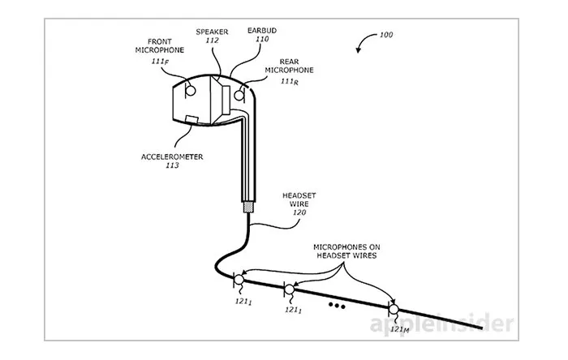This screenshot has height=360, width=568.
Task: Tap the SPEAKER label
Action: coord(213,33)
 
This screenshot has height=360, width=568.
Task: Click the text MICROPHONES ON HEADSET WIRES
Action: coord(351,251)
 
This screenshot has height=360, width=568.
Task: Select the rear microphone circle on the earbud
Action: coord(240,95)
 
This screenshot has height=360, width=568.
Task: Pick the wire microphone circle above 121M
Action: coord(394,309)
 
